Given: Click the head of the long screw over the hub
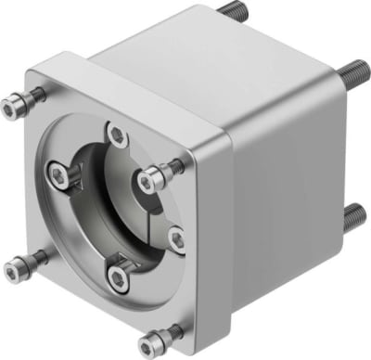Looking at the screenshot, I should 147,182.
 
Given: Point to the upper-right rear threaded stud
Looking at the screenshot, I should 356,71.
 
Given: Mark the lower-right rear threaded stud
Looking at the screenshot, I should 353,218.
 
